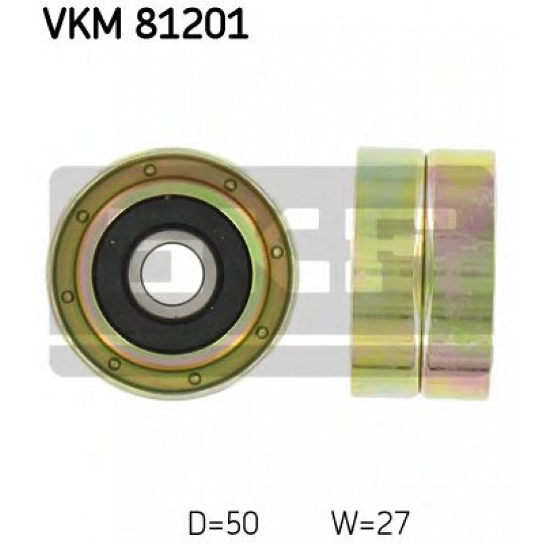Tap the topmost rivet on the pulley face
click(x=150, y=170)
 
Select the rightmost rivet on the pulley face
click(x=277, y=252)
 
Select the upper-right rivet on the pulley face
click(x=231, y=184)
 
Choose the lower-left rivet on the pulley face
click(x=114, y=363)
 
